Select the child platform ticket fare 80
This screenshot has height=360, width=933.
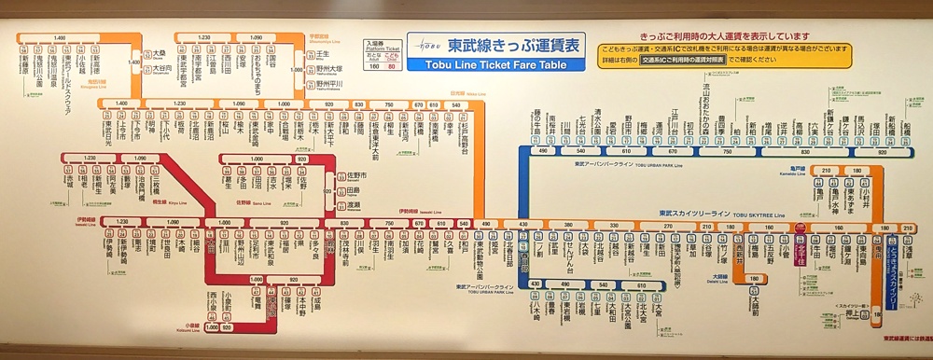(391, 66)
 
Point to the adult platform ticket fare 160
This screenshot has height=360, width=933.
(374, 66)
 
